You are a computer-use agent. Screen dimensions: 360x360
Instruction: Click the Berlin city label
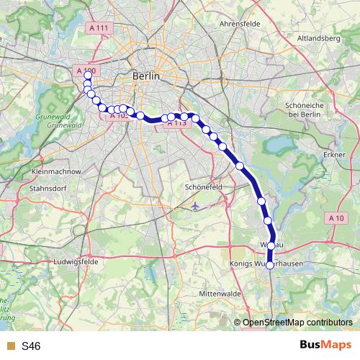click(146, 75)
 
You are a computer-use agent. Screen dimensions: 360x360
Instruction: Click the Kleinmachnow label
click(57, 173)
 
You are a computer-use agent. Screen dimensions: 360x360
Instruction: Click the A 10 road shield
click(336, 217)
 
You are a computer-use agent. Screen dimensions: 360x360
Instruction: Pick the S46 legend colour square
click(9, 346)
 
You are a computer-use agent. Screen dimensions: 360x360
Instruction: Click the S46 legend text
click(31, 346)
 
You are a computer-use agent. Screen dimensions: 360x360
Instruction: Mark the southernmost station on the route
click(270, 265)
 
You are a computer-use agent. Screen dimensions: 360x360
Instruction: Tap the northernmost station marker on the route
click(88, 75)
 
